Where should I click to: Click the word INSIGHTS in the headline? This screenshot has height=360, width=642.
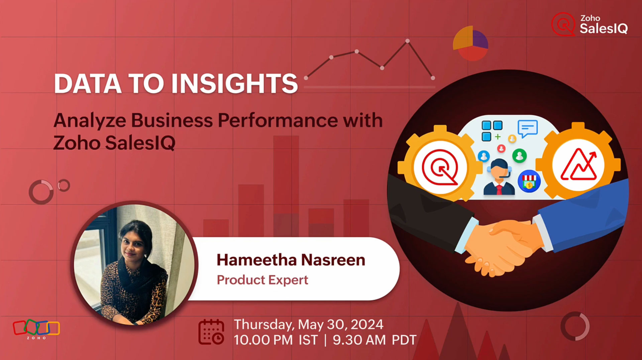tap(234, 84)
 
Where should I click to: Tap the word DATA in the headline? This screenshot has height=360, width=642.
tap(88, 84)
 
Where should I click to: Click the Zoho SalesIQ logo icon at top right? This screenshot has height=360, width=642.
tap(563, 24)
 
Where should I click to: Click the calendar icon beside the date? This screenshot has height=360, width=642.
tap(211, 332)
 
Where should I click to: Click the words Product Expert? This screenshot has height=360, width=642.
tap(262, 280)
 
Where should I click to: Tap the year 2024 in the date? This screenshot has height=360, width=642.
tap(367, 325)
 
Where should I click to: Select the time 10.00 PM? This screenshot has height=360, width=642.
tap(263, 340)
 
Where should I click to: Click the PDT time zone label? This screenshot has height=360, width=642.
tap(404, 340)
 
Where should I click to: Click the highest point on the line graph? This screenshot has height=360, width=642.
tap(407, 41)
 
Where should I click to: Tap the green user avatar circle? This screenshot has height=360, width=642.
tap(519, 156)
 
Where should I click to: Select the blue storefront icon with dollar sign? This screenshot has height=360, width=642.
tap(529, 181)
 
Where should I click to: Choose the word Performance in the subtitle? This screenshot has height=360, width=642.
tap(278, 120)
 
